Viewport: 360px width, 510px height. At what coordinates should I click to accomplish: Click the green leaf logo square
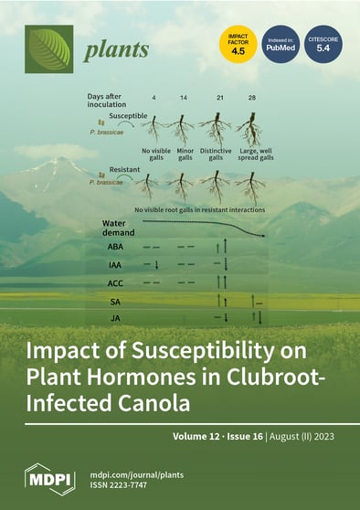tap(48, 48)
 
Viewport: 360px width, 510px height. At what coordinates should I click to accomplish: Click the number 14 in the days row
tap(185, 98)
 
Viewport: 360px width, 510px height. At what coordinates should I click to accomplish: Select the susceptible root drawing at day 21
tap(218, 129)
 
